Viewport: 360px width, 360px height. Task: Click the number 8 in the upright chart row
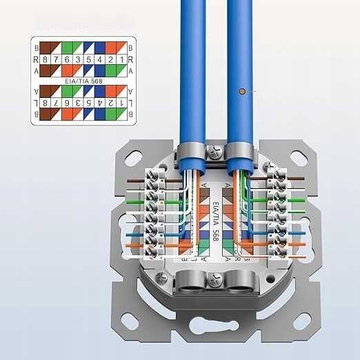[45, 60]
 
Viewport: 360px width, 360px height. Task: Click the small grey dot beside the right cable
[241, 92]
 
